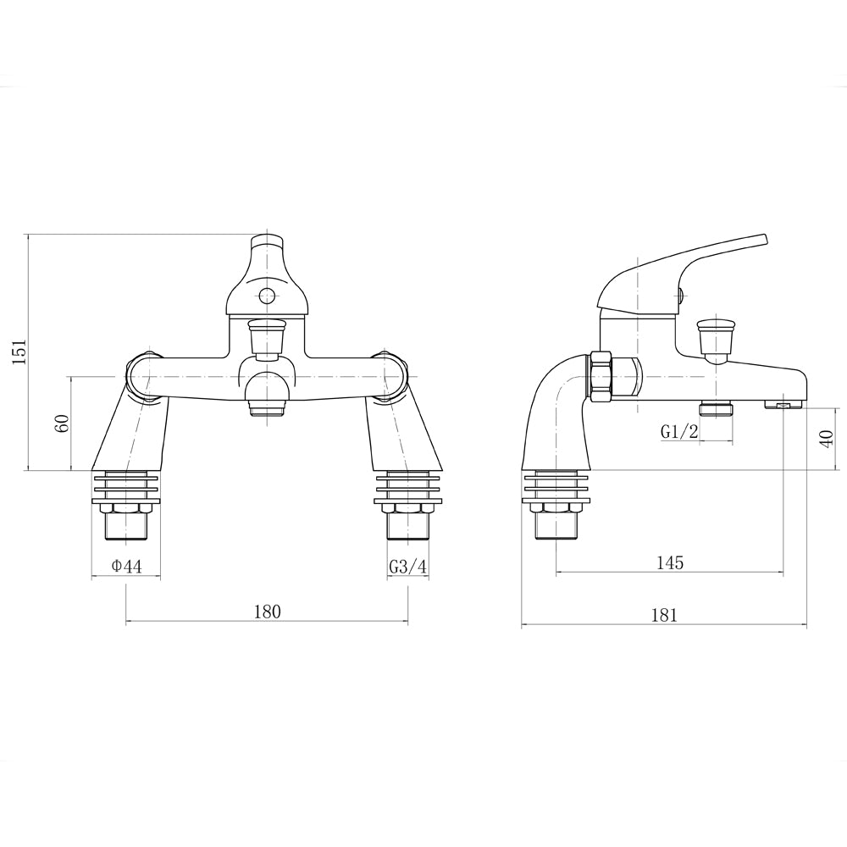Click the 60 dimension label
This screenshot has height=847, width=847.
pyautogui.click(x=62, y=423)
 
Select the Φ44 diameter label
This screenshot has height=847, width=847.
pyautogui.click(x=126, y=567)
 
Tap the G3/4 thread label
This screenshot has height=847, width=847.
pyautogui.click(x=408, y=567)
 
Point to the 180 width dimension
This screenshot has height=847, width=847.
pyautogui.click(x=267, y=612)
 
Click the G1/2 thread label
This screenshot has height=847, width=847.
pyautogui.click(x=679, y=431)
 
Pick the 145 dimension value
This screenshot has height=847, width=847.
pyautogui.click(x=669, y=562)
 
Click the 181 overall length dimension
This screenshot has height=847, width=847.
pyautogui.click(x=664, y=615)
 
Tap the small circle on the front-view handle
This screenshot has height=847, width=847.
pyautogui.click(x=267, y=296)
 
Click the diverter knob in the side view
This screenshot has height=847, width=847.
pyautogui.click(x=714, y=336)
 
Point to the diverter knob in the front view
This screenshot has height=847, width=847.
pyautogui.click(x=267, y=335)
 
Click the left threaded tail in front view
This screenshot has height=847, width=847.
pyautogui.click(x=125, y=526)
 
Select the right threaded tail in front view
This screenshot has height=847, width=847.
pyautogui.click(x=408, y=526)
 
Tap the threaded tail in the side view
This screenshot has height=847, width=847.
pyautogui.click(x=556, y=526)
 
